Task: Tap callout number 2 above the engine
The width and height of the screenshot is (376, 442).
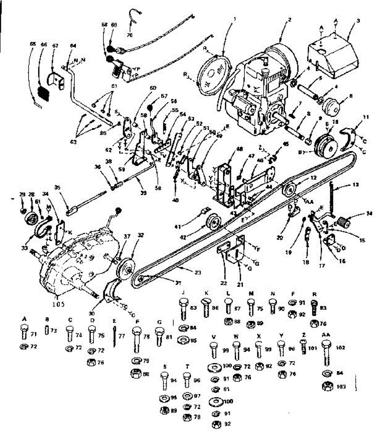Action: [x=290, y=20]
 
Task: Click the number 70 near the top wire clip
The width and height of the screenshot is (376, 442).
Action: [x=129, y=36]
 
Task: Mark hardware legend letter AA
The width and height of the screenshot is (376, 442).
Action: [x=326, y=336]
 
